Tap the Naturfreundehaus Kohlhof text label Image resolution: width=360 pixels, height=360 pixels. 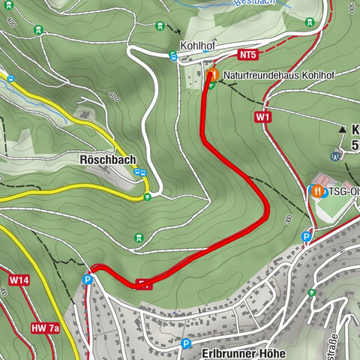[278, 76]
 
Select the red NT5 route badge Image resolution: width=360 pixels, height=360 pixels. [248, 55]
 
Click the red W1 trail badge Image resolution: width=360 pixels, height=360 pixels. [262, 117]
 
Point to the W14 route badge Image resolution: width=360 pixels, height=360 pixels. [19, 280]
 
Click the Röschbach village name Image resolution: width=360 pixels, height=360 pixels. [108, 160]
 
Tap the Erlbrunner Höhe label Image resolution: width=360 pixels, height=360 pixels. [244, 351]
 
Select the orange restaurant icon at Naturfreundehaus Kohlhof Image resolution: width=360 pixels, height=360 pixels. [214, 75]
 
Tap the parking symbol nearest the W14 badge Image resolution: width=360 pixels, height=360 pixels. [88, 280]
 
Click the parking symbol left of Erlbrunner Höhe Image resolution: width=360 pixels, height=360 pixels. [186, 344]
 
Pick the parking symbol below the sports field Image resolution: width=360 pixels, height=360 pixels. [306, 237]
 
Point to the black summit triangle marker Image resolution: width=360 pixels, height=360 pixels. [343, 129]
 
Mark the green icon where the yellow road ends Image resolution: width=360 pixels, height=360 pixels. [147, 196]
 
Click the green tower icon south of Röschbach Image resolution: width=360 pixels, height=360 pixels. [138, 238]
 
